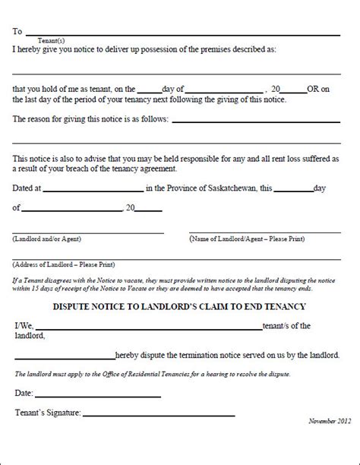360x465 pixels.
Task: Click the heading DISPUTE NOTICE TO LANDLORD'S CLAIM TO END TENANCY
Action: [179, 306]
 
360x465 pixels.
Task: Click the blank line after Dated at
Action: [93, 189]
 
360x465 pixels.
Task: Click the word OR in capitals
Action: [312, 88]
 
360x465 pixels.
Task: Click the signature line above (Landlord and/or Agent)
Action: [87, 231]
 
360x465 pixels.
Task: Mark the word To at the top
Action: [17, 30]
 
